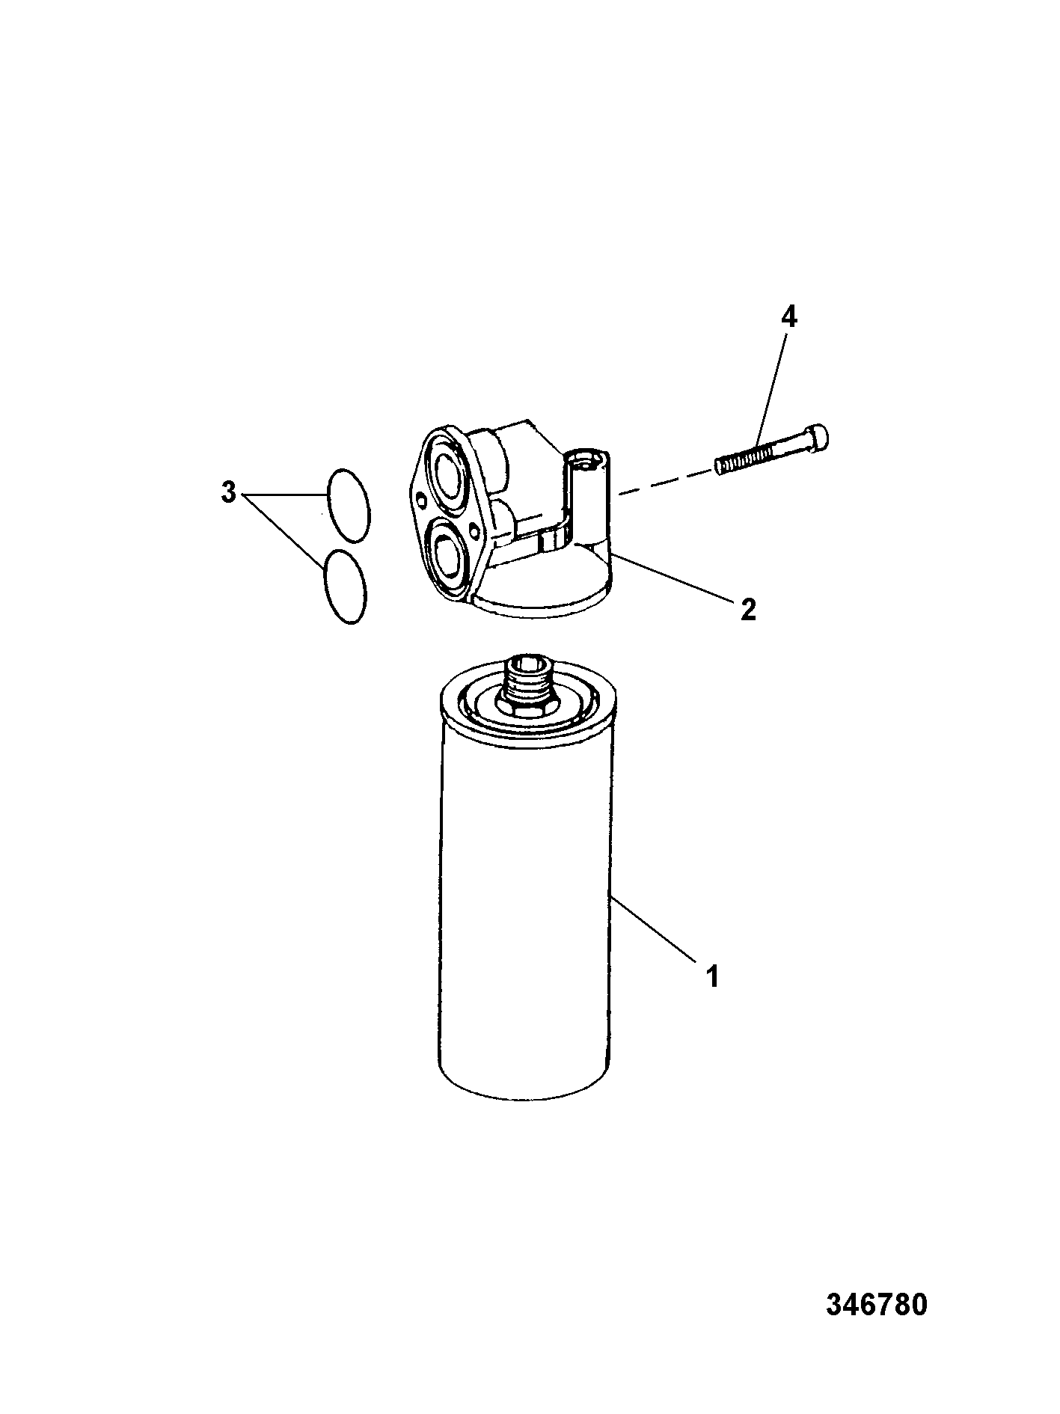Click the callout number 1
[712, 976]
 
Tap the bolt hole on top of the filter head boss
[588, 460]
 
